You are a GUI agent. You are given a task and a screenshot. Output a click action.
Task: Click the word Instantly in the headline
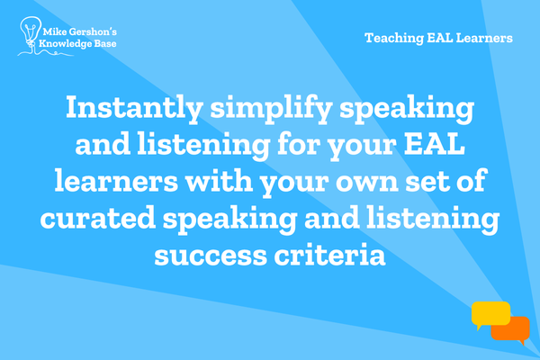tap(133, 108)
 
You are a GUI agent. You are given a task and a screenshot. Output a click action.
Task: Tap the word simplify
tap(271, 108)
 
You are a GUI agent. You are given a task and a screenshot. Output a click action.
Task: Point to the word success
tap(211, 256)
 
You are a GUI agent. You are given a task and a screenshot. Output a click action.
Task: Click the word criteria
tap(329, 254)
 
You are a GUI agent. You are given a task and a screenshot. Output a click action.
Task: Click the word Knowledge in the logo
tap(65, 44)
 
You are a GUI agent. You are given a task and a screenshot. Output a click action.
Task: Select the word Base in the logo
tap(105, 43)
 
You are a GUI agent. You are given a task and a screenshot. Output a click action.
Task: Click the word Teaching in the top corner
tap(394, 38)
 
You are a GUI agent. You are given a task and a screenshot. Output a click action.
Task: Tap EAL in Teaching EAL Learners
tap(440, 38)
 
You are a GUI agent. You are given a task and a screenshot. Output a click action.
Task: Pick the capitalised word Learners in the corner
tap(484, 38)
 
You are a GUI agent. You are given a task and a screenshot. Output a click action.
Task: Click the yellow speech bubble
tap(490, 314)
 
